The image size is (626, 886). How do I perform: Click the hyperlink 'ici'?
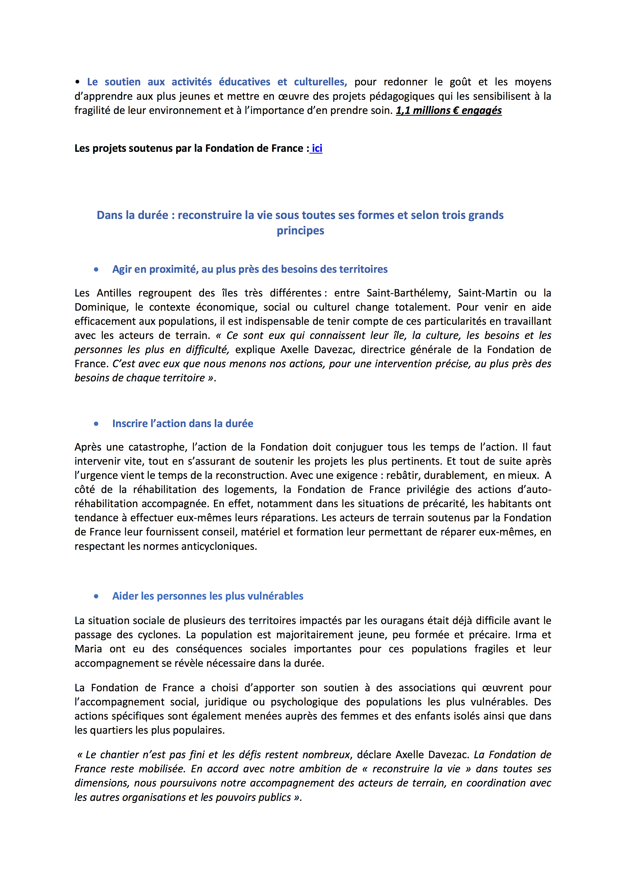click(317, 148)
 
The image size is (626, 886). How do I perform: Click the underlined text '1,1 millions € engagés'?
click(449, 111)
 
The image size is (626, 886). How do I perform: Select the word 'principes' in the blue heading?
click(300, 231)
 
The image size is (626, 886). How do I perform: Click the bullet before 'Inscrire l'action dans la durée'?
click(96, 424)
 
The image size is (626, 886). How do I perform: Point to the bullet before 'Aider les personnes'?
click(96, 596)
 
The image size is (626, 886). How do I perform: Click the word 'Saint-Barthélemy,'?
click(408, 293)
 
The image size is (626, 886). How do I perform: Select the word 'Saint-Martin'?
click(487, 293)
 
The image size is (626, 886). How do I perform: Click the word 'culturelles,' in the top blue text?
click(320, 82)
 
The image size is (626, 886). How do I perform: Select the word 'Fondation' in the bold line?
click(228, 148)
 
